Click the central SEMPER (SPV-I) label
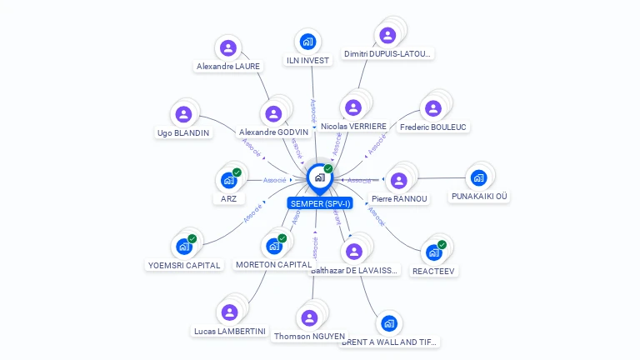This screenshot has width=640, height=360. point(320,203)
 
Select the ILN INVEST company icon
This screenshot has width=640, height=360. point(307,42)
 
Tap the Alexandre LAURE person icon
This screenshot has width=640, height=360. point(227,47)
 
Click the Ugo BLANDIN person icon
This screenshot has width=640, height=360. point(183,114)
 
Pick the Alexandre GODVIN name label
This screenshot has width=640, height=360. point(273,132)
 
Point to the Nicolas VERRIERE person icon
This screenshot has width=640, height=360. point(353,107)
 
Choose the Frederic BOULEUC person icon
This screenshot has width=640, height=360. point(432,108)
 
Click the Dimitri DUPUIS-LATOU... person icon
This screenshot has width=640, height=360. point(387,35)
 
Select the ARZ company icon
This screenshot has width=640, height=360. point(228,180)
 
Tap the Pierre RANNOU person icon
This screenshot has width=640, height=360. point(399,180)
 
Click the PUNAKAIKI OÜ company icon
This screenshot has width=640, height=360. point(478,177)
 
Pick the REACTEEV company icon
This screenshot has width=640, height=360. point(433,252)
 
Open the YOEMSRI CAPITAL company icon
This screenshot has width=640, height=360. point(183,247)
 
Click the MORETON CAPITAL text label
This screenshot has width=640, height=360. point(273,265)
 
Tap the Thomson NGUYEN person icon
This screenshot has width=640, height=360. point(309,317)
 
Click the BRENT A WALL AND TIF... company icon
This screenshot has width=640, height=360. point(388,323)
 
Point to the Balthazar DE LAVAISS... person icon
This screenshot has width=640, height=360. point(354,251)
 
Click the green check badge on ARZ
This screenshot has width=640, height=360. point(237,172)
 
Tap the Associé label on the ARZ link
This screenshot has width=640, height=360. point(275,180)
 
